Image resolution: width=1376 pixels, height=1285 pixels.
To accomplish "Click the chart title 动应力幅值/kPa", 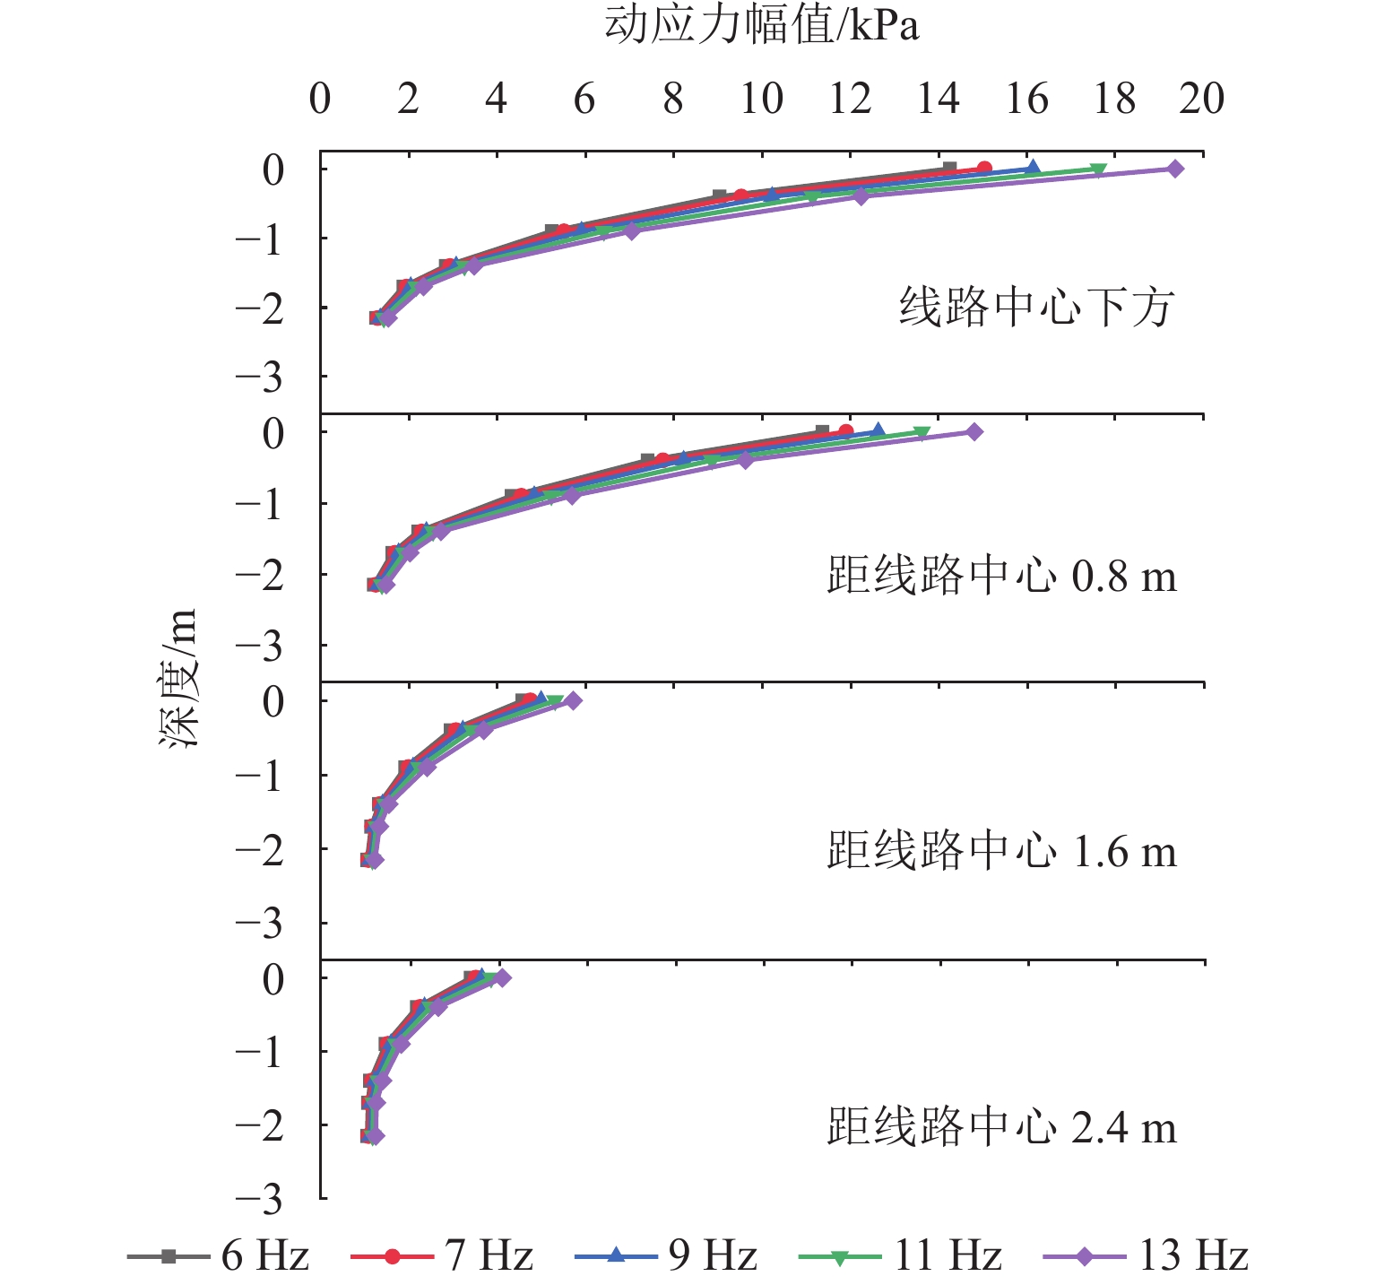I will [762, 26].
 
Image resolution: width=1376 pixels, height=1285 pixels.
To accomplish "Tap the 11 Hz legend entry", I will [900, 1256].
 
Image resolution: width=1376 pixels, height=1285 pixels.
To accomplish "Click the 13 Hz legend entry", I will [1147, 1256].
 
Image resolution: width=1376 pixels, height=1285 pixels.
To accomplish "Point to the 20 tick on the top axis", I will [1201, 99].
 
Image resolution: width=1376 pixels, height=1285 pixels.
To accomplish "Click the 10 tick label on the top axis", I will [761, 99].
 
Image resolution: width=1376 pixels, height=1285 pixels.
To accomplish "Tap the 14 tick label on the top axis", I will [938, 99].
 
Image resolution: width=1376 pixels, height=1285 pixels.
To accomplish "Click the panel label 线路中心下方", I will [1036, 308].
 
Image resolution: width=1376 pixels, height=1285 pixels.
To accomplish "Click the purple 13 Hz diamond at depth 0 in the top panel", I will [1175, 169].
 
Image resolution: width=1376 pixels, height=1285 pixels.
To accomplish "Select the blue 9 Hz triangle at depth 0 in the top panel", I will [1033, 168].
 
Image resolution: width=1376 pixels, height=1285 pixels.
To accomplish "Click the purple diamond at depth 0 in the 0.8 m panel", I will [974, 432].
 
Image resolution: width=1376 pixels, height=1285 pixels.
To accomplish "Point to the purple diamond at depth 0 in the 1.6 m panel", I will [574, 700].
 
